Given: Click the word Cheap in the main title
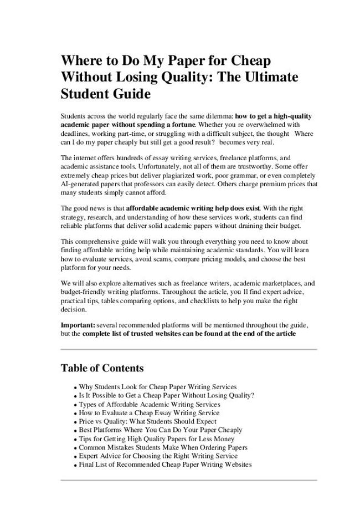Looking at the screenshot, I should pos(250,60).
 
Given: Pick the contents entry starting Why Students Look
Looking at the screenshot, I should pos(157,386).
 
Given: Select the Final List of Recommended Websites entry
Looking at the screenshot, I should pos(165,465).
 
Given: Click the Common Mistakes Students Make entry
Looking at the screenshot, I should pos(163,447).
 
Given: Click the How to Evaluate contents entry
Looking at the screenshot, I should pos(149,412).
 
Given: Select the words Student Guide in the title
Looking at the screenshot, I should pos(105,94).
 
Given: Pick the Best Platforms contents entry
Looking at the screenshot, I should pos(161,430).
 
